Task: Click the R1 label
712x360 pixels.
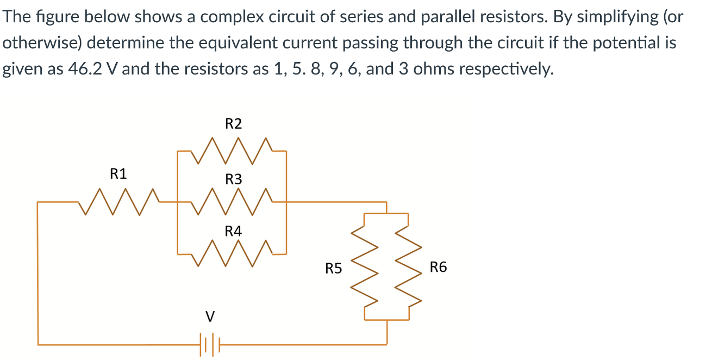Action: (x=118, y=174)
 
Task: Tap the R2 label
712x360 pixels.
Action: (x=233, y=124)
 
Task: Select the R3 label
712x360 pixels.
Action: (x=233, y=179)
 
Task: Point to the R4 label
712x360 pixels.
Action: (x=233, y=231)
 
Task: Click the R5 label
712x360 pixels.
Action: (x=333, y=268)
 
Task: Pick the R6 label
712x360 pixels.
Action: (x=438, y=267)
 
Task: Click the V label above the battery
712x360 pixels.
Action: (x=210, y=315)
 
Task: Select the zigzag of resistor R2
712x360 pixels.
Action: (x=232, y=151)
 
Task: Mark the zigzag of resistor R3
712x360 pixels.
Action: (x=232, y=202)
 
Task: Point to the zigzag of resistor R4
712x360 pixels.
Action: (x=232, y=253)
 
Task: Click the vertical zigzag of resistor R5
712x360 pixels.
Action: (x=364, y=266)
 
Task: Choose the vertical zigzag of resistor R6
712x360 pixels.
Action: (x=409, y=266)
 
